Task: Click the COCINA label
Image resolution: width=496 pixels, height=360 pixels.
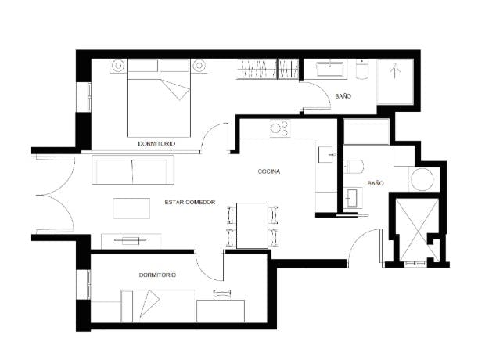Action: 268,171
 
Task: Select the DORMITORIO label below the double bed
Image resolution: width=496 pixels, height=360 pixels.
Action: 156,145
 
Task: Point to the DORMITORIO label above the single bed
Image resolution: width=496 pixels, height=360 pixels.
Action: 156,275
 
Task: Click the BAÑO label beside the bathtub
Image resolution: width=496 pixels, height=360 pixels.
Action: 343,95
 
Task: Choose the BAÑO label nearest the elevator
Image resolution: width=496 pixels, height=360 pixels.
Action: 376,183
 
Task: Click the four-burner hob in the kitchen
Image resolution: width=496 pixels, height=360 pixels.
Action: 279,128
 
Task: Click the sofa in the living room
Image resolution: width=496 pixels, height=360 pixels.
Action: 131,171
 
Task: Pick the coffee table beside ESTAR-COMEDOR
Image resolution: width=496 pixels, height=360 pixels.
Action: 131,207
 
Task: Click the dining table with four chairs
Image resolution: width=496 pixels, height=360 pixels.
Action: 252,225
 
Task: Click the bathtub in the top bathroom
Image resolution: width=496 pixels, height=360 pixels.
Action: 328,70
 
